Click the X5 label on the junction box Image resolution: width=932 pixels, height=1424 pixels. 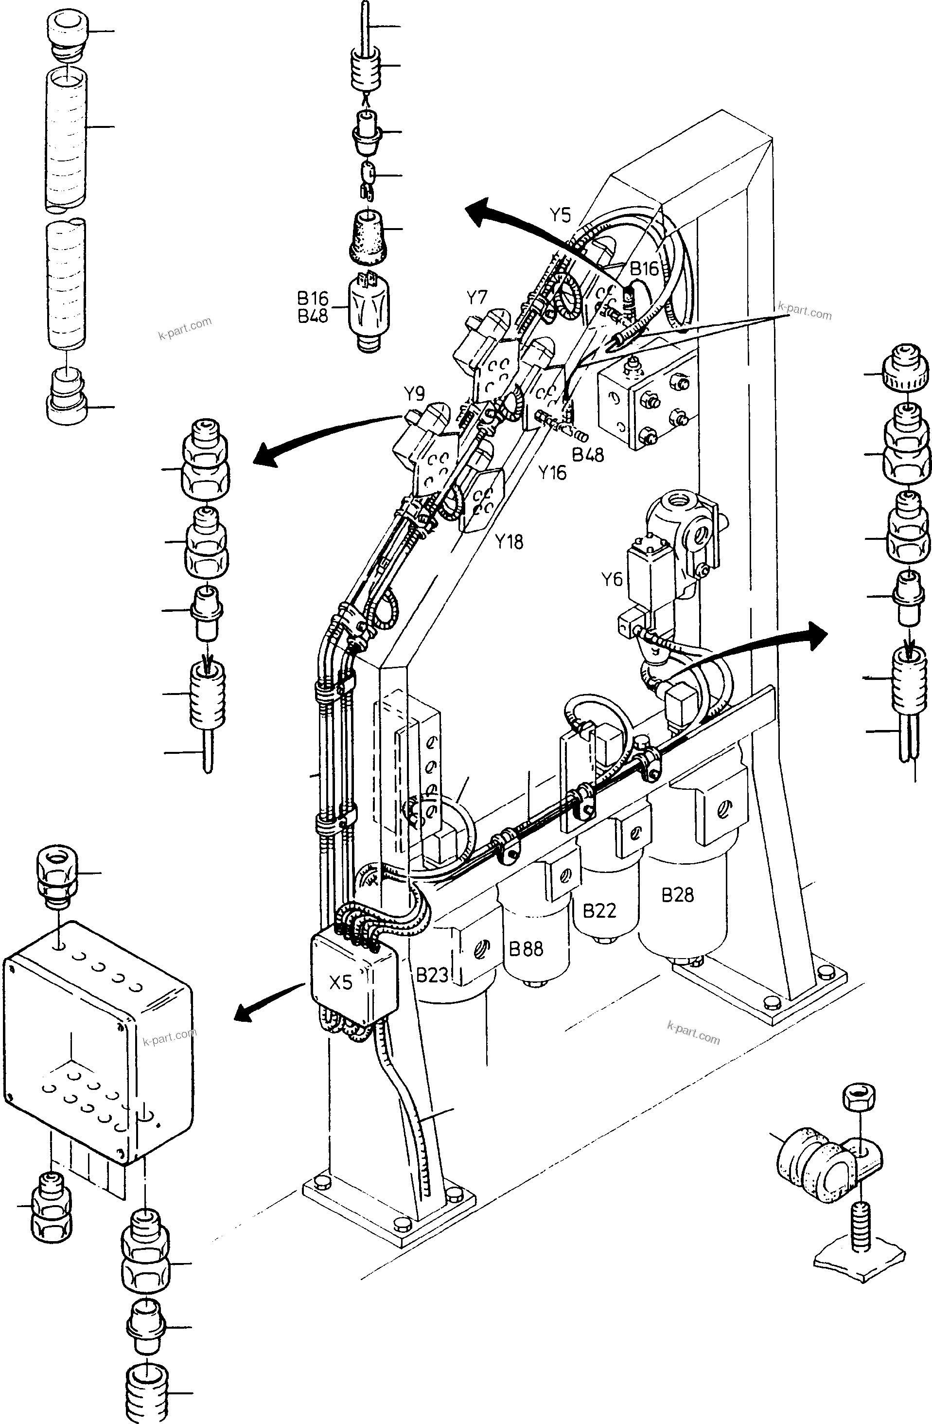340,982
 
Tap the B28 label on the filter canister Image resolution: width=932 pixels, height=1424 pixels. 677,894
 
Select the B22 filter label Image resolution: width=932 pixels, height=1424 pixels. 599,910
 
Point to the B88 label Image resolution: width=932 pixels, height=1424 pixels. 526,948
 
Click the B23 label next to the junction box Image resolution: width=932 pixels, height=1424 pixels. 432,975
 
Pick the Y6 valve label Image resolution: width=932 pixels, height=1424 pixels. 611,579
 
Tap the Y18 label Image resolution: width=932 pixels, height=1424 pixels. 509,541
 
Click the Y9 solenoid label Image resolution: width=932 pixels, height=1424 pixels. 414,394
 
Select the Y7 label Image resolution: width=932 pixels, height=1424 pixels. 477,297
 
